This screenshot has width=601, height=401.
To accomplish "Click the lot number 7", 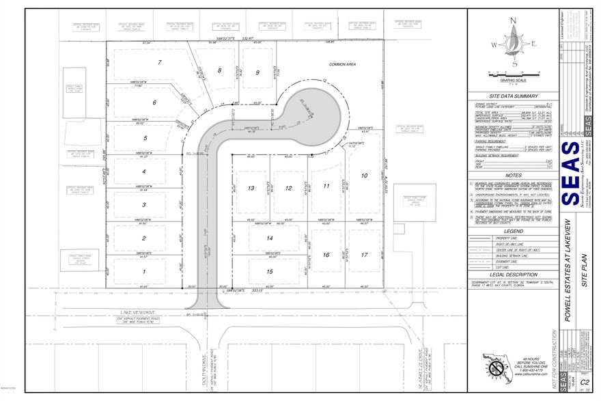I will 160,62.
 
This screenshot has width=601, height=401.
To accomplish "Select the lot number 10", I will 374,175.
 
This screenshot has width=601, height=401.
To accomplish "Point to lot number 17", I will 365,255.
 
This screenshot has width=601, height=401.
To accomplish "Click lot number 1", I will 144,271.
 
